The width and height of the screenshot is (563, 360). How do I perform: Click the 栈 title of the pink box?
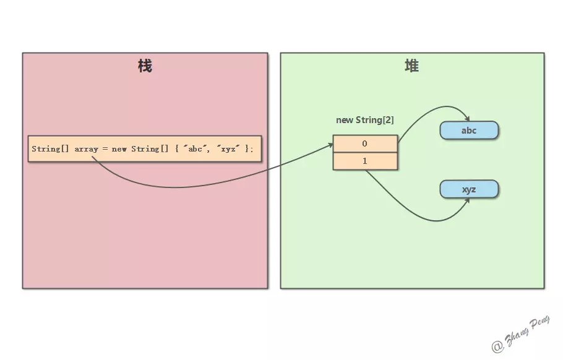pos(145,66)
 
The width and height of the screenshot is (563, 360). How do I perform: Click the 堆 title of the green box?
pos(412,66)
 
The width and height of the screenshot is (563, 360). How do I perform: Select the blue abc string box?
pos(469,130)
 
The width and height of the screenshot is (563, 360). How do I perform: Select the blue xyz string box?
pos(469,189)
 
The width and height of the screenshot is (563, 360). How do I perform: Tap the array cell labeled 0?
pos(365,144)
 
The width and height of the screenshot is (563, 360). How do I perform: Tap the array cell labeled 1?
pos(365,161)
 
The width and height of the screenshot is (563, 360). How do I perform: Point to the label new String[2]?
pos(365,120)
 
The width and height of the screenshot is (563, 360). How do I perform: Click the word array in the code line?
pos(86,149)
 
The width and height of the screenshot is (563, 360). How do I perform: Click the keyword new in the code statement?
pos(119,149)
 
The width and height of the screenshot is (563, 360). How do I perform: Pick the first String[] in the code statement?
pos(50,148)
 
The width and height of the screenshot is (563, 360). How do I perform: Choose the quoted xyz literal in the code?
pos(228,148)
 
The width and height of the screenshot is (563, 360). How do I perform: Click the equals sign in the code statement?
pos(105,148)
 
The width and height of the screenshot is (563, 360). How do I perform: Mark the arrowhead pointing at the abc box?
pos(467,119)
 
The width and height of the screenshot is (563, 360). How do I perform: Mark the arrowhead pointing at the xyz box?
pos(467,200)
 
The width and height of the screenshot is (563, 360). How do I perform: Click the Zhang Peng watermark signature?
pos(521,334)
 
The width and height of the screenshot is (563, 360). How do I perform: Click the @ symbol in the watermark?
pos(497,346)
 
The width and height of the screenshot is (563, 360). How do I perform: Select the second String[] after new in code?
pos(150,148)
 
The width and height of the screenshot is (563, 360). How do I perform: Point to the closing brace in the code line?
pos(247,148)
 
